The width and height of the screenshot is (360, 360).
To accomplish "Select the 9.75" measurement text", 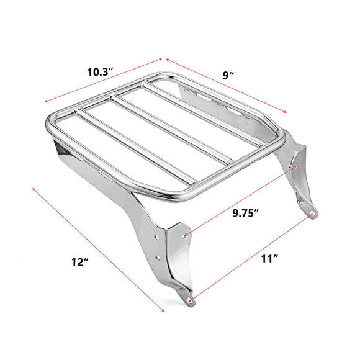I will pyautogui.click(x=245, y=213).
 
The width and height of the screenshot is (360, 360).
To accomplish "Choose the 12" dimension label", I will pyautogui.click(x=79, y=263).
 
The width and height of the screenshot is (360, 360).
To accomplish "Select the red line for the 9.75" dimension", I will pyautogui.click(x=240, y=201).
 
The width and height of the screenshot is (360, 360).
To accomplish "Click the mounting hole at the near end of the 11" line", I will pyautogui.click(x=189, y=301).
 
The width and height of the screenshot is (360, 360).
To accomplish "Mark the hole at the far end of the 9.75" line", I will pyautogui.click(x=296, y=166).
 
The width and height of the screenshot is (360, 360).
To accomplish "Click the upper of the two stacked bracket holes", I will pyautogui.click(x=158, y=236).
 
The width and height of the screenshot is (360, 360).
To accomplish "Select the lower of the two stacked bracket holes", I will pyautogui.click(x=158, y=255).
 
